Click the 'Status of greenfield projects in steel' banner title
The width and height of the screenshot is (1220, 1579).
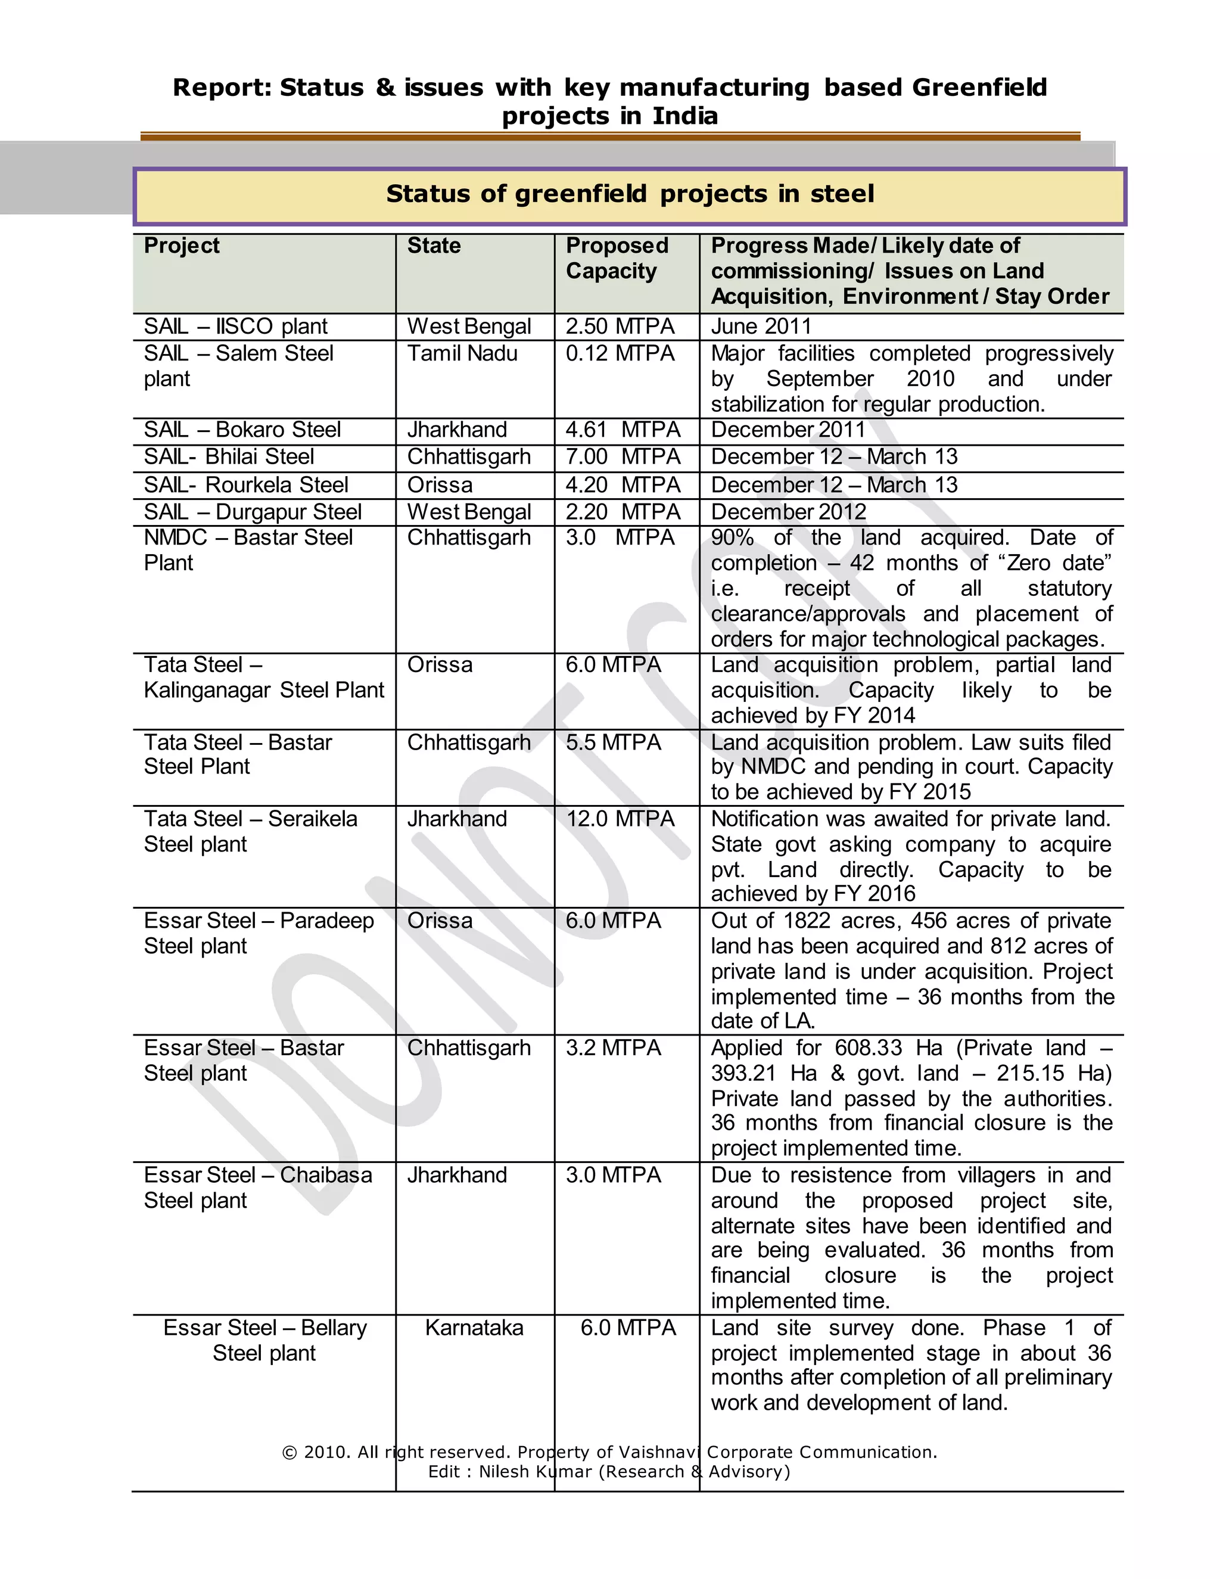630,194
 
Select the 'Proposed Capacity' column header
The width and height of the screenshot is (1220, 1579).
617,258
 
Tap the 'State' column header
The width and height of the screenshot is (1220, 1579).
434,246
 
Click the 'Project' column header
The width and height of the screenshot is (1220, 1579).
182,246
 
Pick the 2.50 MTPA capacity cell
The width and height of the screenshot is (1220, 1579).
620,326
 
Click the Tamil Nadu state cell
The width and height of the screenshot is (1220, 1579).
462,353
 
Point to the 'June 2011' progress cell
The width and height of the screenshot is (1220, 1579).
761,326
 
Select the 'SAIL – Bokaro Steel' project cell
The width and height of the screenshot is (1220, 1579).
242,430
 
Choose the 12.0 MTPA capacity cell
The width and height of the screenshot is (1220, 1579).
620,819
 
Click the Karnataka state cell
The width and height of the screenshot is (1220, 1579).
474,1328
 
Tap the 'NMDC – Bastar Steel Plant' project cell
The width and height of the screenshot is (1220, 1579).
248,550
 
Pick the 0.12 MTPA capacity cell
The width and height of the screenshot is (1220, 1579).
620,353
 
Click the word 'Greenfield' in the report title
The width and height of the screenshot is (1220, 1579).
979,88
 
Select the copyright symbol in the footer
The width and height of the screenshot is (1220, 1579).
290,1453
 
